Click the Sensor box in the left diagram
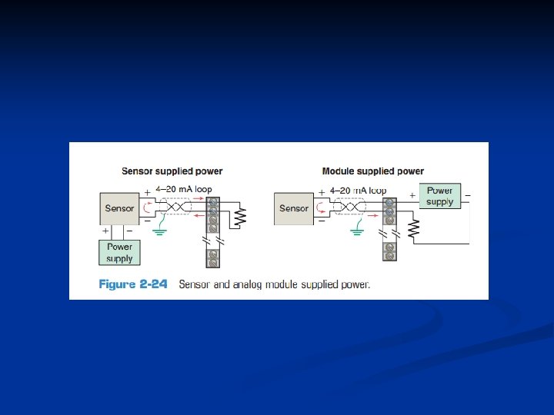click(x=119, y=208)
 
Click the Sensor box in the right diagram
click(x=293, y=208)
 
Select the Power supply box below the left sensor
click(x=119, y=253)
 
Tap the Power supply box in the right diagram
click(x=439, y=196)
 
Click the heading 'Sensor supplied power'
click(x=172, y=171)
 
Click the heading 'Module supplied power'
click(x=372, y=171)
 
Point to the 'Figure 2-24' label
click(x=133, y=284)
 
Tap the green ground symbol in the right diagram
click(x=359, y=229)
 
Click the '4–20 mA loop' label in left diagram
click(x=183, y=189)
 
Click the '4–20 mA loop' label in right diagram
click(x=358, y=190)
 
